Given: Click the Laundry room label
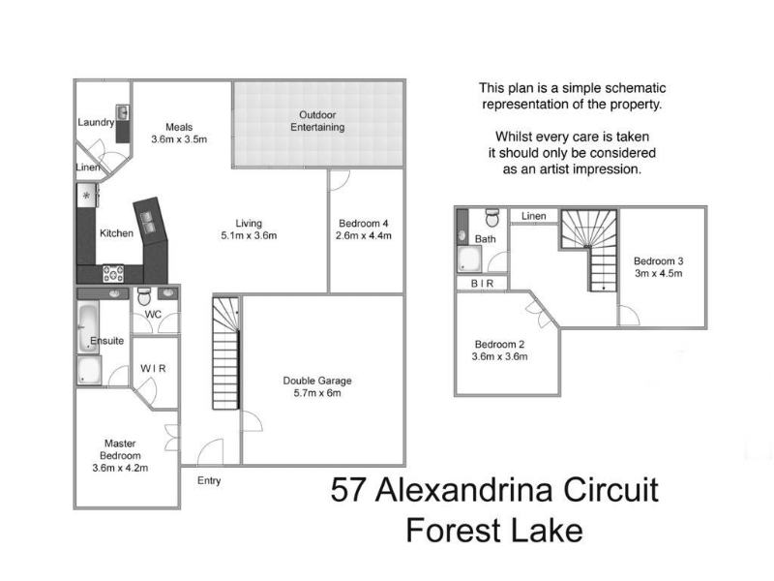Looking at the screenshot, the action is tap(96, 122).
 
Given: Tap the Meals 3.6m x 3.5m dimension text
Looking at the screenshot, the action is tap(179, 139).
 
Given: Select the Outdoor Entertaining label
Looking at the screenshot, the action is tap(317, 121).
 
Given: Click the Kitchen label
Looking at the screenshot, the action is tap(116, 233).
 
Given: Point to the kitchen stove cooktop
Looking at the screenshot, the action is tap(113, 273).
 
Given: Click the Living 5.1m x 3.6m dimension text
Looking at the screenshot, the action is tap(249, 235).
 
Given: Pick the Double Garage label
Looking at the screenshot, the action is tap(317, 381).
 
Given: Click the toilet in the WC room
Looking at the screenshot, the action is tap(143, 296).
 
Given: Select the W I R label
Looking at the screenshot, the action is tap(153, 369).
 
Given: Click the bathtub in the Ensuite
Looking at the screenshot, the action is tap(88, 328).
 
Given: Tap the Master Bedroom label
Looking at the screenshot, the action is tap(120, 449).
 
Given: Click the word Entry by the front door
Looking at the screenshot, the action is tap(209, 480).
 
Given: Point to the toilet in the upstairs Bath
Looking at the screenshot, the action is tap(492, 217).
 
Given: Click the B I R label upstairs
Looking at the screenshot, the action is tap(482, 284).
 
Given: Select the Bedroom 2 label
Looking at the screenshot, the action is tap(499, 345).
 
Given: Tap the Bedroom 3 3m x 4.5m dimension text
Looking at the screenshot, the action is tap(659, 273).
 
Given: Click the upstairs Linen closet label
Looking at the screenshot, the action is tap(534, 216).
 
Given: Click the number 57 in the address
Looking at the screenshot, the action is tap(348, 490).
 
